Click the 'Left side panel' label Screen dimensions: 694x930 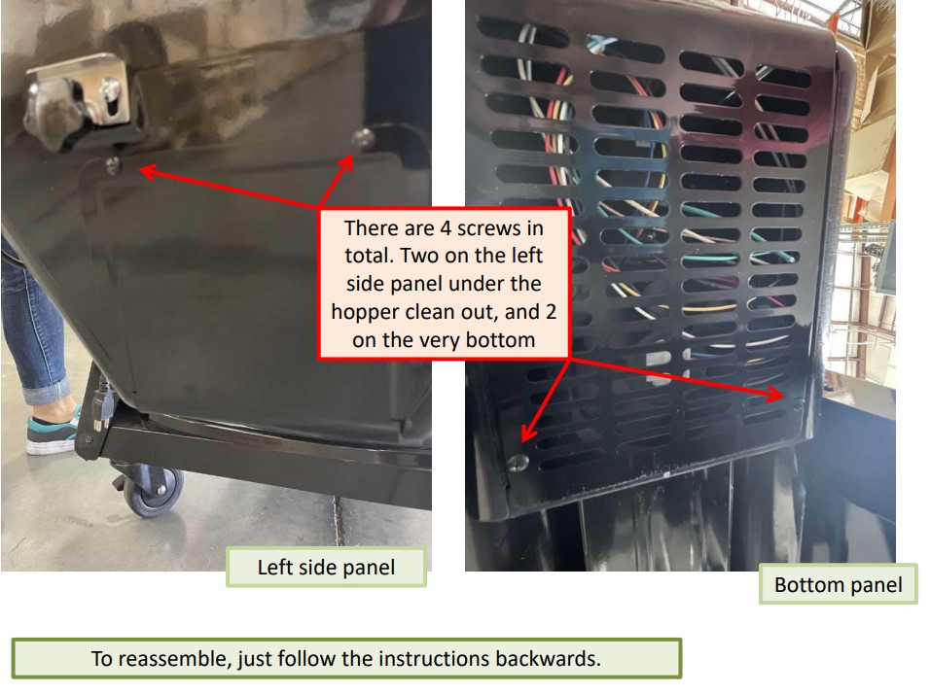326,567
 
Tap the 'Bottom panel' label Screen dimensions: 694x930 838,584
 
